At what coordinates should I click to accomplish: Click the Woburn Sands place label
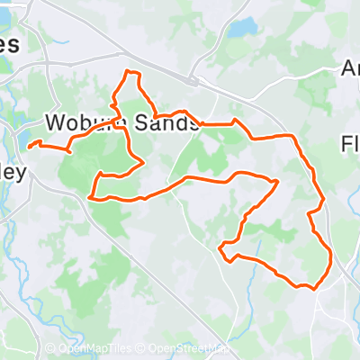click(121, 123)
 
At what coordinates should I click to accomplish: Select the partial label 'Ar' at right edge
click(351, 69)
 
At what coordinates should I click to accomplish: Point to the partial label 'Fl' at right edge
click(351, 144)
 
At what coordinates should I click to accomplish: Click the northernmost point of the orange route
click(130, 72)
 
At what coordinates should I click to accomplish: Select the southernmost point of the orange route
click(313, 289)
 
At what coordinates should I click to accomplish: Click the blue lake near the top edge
click(241, 28)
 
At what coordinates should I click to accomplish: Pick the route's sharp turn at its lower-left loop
click(220, 246)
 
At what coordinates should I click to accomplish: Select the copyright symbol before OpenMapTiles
click(49, 348)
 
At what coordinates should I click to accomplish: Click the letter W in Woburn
click(55, 123)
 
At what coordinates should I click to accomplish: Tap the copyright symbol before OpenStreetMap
click(142, 348)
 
